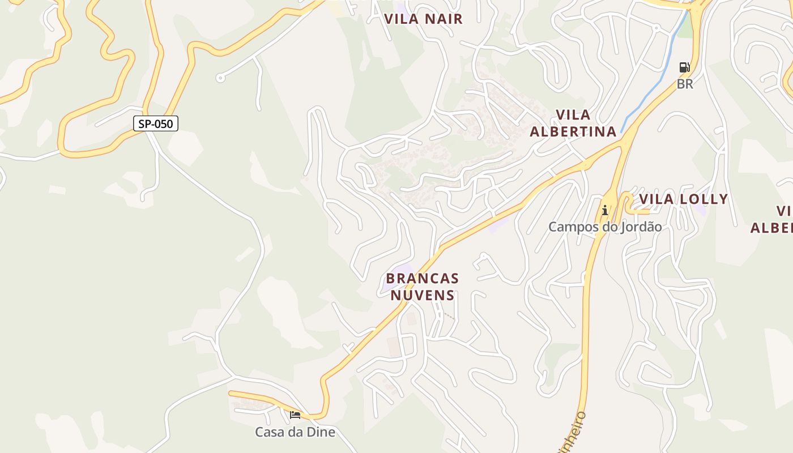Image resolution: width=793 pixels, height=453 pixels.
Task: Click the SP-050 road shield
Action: pos(156,123)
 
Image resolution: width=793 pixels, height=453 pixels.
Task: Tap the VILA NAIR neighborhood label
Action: pos(423,19)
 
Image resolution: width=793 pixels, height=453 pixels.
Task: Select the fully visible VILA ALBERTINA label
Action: pos(573,123)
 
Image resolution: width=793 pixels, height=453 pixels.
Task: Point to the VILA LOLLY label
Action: pos(683,199)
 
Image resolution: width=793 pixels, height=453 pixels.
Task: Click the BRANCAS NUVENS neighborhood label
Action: pos(422,287)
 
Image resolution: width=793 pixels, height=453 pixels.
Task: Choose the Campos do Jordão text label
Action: pos(604,227)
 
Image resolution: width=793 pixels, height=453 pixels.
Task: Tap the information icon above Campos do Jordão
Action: pos(605,211)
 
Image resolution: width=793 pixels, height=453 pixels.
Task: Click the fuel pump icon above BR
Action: pos(684,67)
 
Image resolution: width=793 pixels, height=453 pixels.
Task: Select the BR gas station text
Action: pos(685,84)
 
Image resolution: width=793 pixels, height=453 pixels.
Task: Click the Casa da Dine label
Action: pos(295,433)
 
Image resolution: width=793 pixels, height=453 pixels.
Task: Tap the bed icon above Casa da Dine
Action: pos(295,415)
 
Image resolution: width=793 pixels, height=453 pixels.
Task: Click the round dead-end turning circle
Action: pos(220,78)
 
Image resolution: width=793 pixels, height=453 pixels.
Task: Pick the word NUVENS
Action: pos(422,296)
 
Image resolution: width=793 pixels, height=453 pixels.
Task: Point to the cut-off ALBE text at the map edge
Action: pos(771,228)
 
